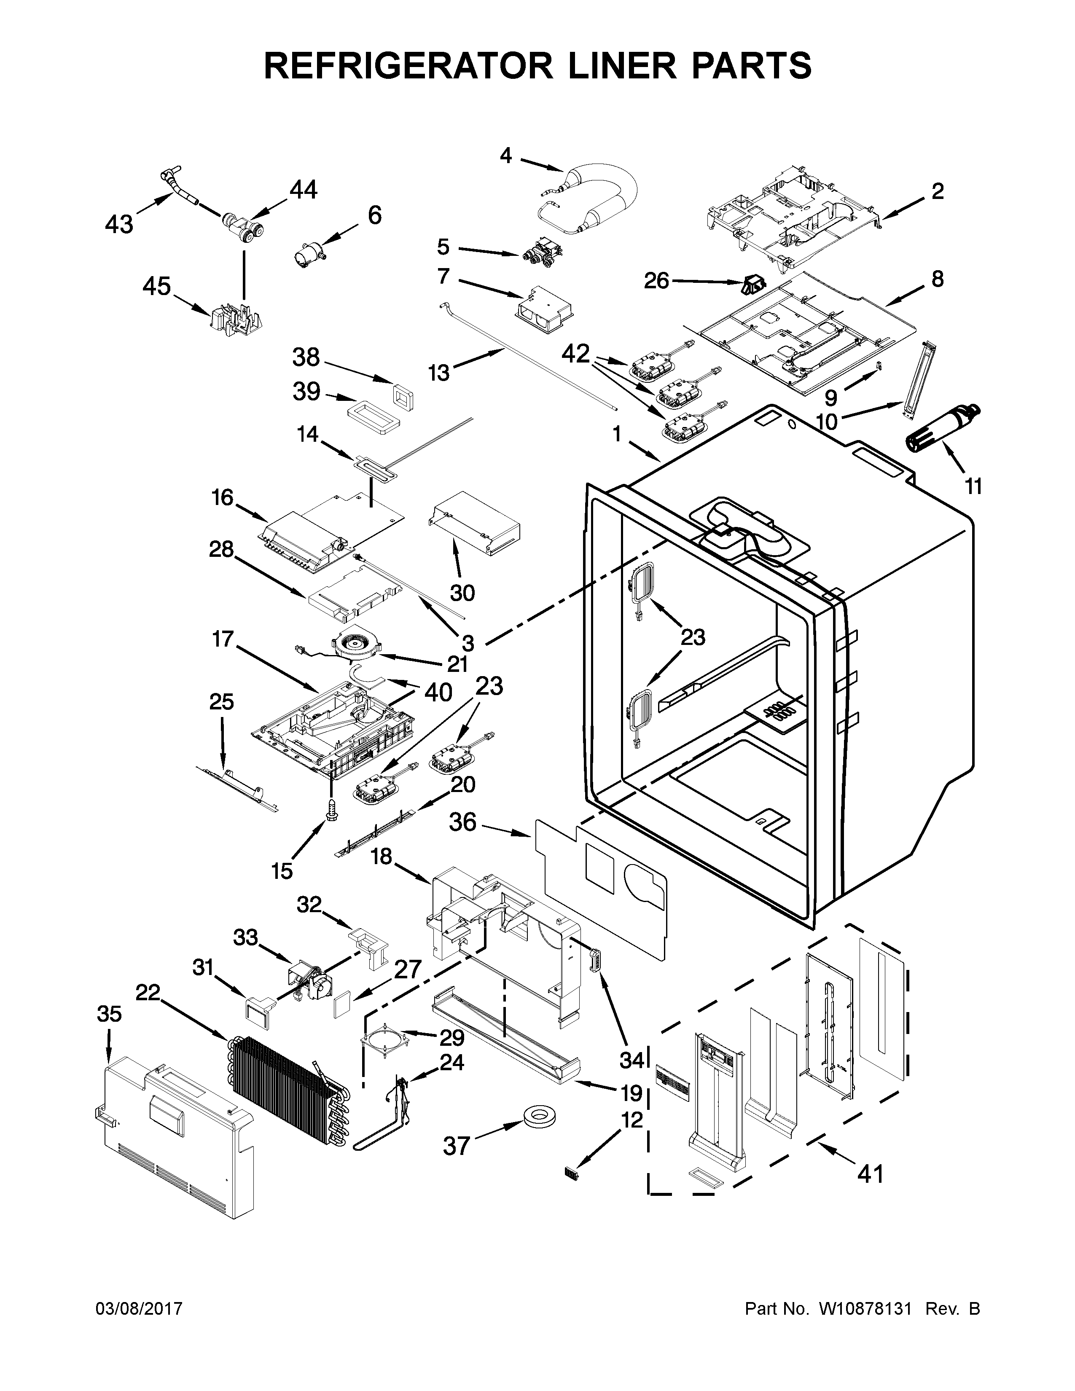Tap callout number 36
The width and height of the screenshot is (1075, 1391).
pos(463,822)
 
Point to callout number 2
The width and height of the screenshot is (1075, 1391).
pos(937,191)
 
